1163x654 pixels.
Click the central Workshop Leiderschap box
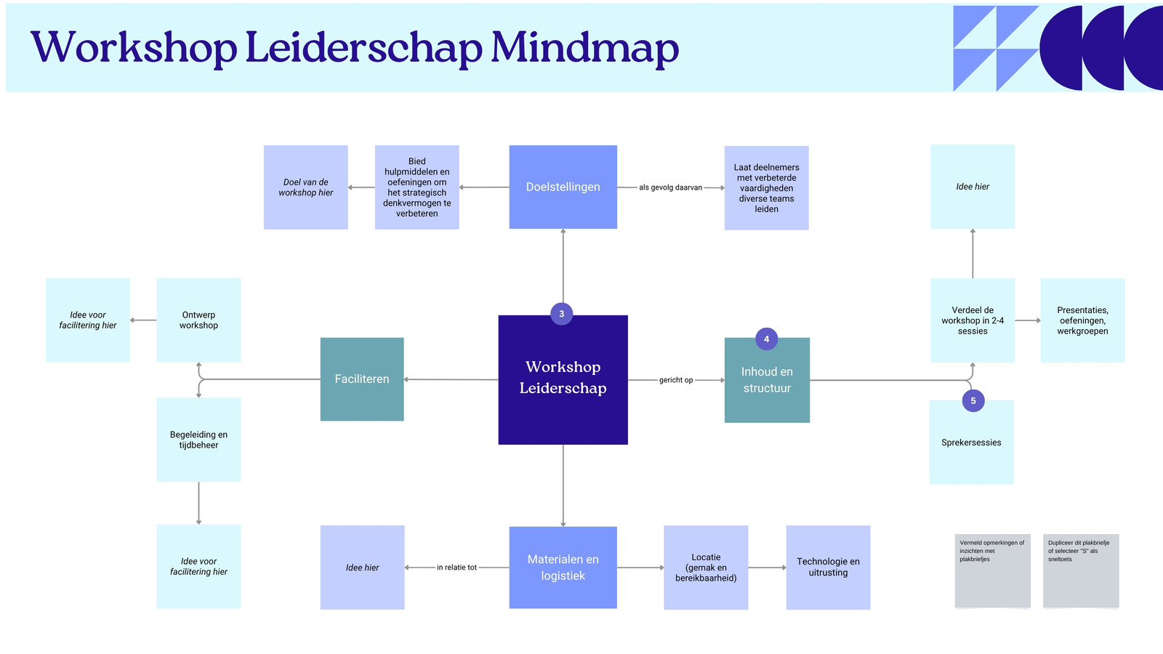[563, 379]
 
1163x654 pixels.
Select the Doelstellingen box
[563, 187]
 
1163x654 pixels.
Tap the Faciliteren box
[362, 379]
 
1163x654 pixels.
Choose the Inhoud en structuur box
[767, 380]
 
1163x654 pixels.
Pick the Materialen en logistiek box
[563, 568]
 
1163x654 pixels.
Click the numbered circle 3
[561, 313]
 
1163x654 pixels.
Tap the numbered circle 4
[766, 339]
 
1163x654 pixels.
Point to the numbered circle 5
[973, 400]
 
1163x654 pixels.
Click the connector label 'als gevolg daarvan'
[670, 187]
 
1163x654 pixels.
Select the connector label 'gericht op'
[676, 380]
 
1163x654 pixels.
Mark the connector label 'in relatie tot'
[456, 568]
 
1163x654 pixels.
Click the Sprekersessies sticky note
[971, 443]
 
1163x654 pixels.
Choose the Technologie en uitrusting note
[828, 568]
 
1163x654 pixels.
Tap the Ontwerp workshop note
[199, 320]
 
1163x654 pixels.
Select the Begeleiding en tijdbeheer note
[199, 440]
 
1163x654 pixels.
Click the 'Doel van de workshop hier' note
[306, 187]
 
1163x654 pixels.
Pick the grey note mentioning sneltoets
[1081, 570]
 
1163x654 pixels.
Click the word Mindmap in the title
[585, 48]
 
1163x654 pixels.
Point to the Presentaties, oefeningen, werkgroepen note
[1082, 320]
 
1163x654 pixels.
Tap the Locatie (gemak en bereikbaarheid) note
[706, 568]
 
